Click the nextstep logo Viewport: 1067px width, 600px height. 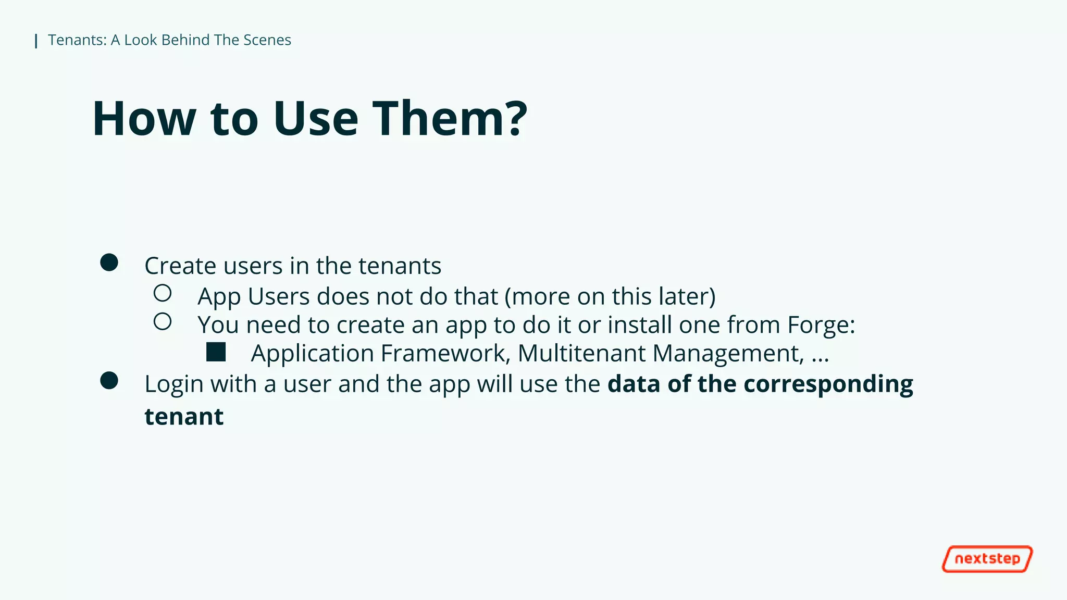point(987,559)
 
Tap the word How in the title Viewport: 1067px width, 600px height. point(144,119)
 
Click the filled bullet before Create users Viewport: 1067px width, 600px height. point(109,262)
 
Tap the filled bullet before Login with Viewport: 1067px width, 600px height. point(109,381)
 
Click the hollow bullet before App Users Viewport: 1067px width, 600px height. point(163,293)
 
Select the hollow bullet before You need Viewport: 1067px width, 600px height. point(163,322)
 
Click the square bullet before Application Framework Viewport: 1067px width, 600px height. point(216,352)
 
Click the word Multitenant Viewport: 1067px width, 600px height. point(581,353)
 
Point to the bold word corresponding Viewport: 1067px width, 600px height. point(828,384)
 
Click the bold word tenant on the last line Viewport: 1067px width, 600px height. point(184,417)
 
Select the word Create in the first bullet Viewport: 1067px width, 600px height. point(180,266)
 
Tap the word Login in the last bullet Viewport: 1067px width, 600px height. point(174,384)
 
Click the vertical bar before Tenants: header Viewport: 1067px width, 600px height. point(36,41)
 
